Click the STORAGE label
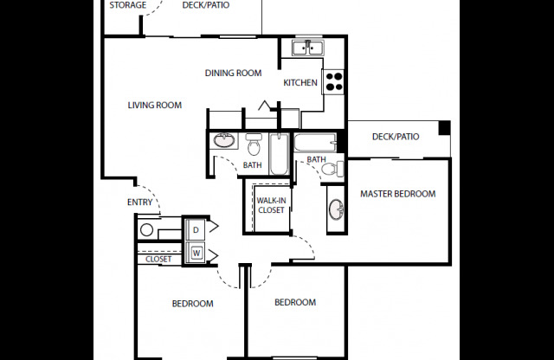[x=127, y=5]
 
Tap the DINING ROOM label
[x=233, y=73]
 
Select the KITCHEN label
[x=300, y=83]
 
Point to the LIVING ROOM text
[x=154, y=106]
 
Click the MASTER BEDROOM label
[x=397, y=194]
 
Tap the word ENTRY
[x=139, y=202]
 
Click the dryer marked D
[x=196, y=230]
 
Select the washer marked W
[x=196, y=253]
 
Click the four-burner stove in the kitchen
[x=333, y=81]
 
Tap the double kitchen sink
[x=306, y=48]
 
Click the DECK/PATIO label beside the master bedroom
[x=395, y=137]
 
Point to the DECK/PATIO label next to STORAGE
[x=206, y=5]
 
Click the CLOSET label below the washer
[x=158, y=259]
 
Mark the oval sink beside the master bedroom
[x=335, y=209]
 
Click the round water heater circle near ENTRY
[x=147, y=230]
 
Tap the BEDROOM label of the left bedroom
[x=192, y=304]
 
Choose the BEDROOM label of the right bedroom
[x=294, y=302]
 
